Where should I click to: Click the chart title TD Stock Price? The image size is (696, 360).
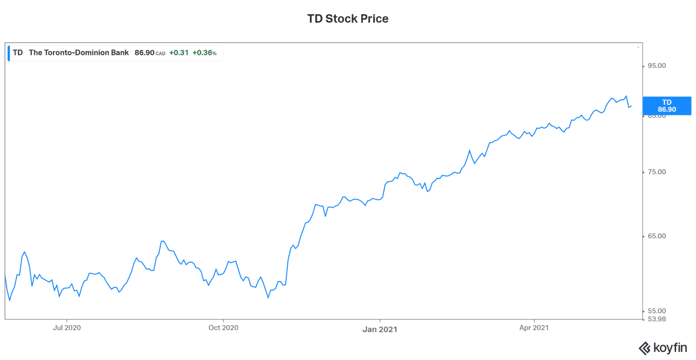pos(348,19)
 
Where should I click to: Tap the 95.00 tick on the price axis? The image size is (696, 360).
pos(657,66)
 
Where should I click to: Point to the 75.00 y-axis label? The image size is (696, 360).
pos(657,172)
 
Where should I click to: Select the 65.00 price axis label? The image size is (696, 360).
pos(657,236)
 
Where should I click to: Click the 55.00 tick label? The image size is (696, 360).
pos(657,311)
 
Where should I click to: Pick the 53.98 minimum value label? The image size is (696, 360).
pos(657,319)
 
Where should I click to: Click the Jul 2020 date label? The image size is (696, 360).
pos(67,328)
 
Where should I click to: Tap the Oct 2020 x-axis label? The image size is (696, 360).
pos(223,328)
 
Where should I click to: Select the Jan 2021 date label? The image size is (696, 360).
pos(380,330)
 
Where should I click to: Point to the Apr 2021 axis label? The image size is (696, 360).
pos(534,328)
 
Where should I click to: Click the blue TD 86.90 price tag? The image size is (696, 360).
pos(667,106)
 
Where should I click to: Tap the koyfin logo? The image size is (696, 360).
pos(662,348)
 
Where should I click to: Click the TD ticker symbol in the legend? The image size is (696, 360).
pos(18,53)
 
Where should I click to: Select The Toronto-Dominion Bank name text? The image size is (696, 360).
pos(79,53)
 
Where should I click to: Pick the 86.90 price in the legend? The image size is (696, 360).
pos(145,53)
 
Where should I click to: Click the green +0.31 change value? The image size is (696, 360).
pos(179,53)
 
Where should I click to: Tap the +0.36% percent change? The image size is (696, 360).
pos(204,53)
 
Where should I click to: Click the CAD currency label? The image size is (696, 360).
pos(160,54)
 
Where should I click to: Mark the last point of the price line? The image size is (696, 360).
pos(631,106)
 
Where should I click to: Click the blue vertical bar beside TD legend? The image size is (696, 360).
pos(9,53)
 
